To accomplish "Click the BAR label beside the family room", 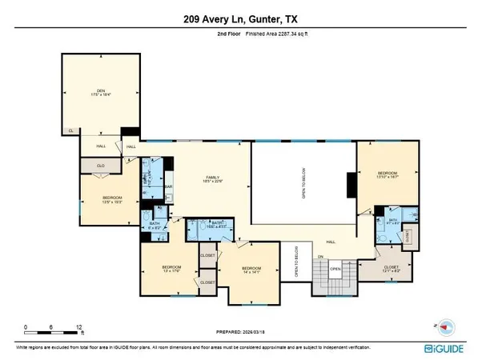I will (x=169, y=188).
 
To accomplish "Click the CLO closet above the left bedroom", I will (x=101, y=166).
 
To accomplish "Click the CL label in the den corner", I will (x=70, y=130).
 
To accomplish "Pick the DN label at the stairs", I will (x=320, y=256).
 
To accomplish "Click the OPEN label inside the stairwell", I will (x=336, y=269).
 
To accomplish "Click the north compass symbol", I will (x=445, y=326).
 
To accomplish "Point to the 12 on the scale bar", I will (x=78, y=328).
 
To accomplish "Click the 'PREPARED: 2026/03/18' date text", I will (x=239, y=331).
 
